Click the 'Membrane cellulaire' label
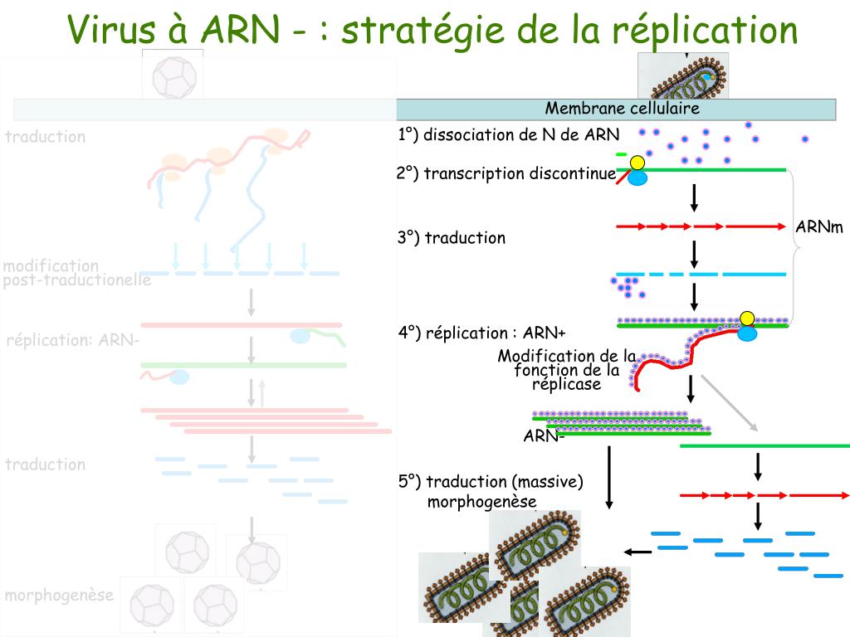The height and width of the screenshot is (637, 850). point(622,109)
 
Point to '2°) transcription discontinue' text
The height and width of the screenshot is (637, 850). point(506,173)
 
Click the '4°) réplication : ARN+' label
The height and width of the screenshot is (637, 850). point(481,333)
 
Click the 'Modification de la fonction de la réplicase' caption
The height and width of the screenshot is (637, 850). point(568,370)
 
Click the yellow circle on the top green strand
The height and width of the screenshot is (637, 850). point(637,163)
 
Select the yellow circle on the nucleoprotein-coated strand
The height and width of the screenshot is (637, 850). point(747,318)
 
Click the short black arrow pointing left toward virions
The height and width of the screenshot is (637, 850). point(637,552)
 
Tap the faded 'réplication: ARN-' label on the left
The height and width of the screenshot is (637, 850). point(72,340)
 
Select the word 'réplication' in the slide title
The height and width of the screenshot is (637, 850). point(706,31)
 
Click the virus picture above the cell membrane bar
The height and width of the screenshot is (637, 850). point(682,75)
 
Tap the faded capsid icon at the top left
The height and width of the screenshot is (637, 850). point(172,75)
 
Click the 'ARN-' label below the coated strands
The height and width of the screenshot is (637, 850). point(544,436)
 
